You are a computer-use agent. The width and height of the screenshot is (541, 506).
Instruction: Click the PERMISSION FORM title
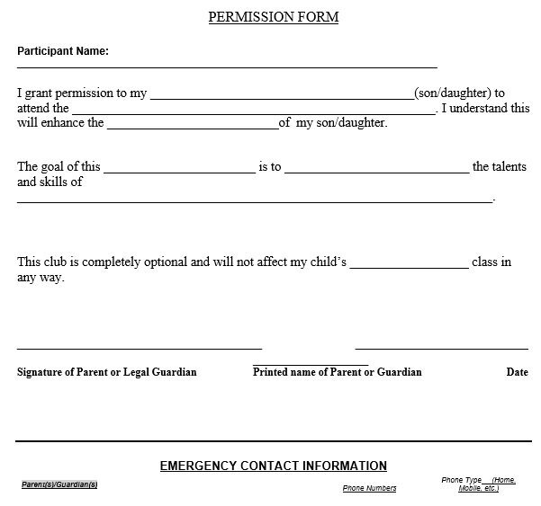tap(273, 17)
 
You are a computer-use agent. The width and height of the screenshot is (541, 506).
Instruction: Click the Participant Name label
tap(63, 51)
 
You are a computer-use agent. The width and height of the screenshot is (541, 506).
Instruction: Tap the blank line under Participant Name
tap(227, 67)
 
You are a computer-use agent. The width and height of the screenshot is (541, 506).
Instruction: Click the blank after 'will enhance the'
tap(193, 127)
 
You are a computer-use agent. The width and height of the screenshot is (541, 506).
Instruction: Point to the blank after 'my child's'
tap(410, 266)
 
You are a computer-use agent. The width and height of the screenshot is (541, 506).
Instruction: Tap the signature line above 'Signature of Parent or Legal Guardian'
tap(140, 347)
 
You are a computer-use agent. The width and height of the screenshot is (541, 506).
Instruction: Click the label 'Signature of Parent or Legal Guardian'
tap(106, 372)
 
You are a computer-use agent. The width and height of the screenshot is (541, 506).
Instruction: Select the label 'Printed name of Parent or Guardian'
tap(338, 372)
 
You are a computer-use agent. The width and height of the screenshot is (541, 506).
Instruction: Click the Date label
tap(517, 372)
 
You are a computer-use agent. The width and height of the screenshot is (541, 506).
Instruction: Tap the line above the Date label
tap(441, 347)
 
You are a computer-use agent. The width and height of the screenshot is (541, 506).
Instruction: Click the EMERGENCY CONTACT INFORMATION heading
tap(273, 466)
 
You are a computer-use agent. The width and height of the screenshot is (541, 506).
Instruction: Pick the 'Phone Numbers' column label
tap(369, 488)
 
